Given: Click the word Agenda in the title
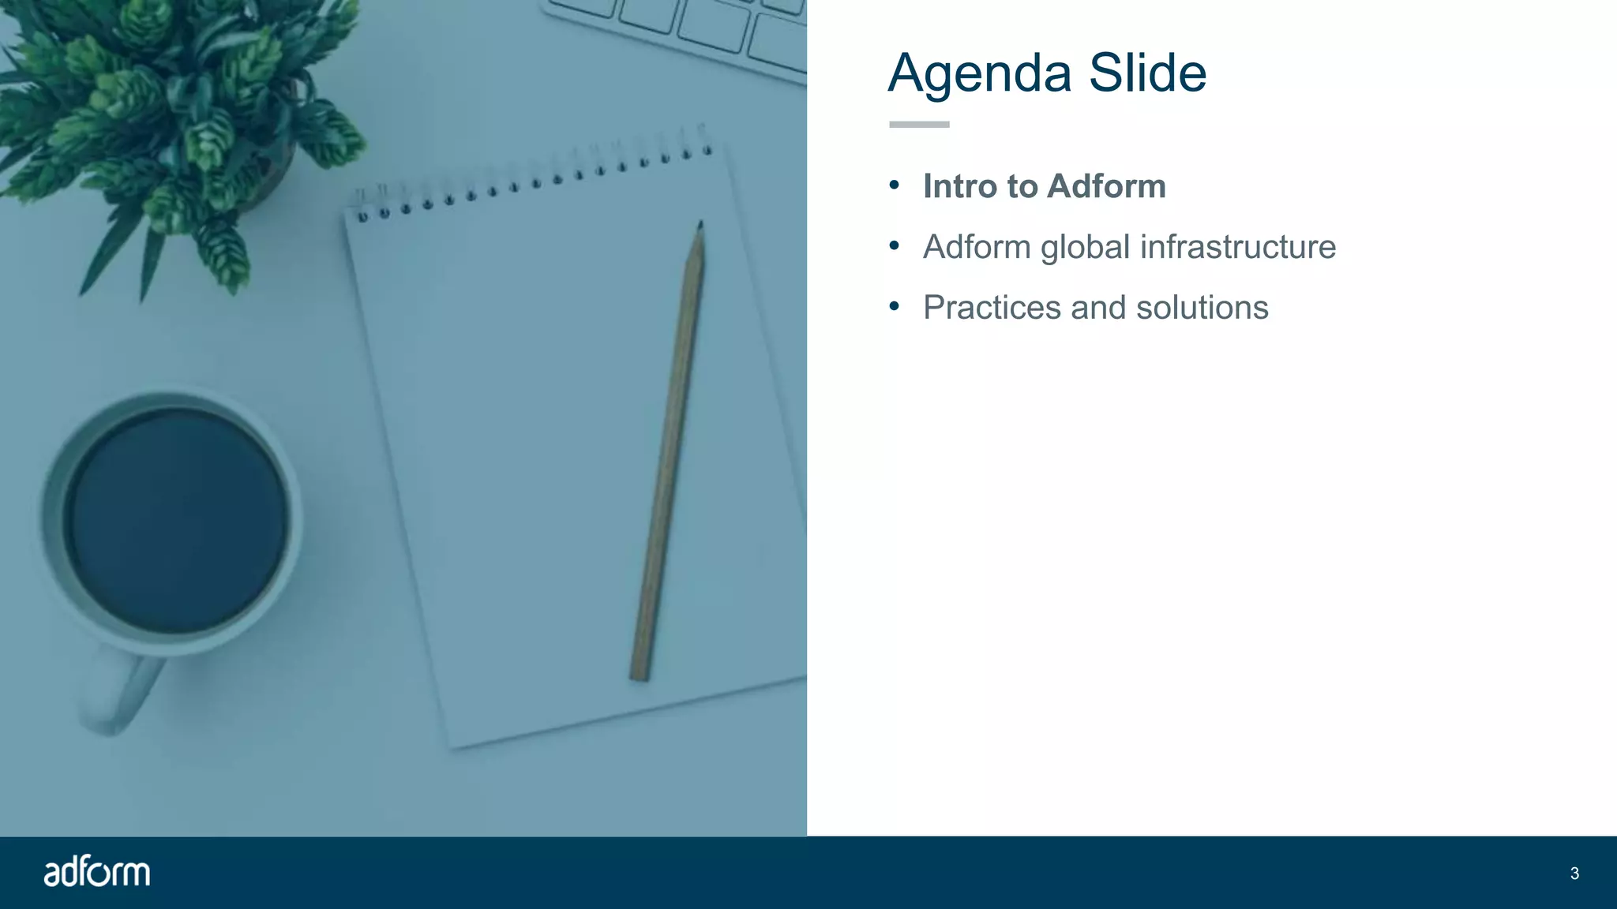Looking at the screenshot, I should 980,74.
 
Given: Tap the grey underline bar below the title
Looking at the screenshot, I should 919,125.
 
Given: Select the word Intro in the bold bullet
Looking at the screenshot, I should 959,186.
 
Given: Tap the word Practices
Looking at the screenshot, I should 992,308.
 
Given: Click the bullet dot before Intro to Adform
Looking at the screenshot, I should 894,185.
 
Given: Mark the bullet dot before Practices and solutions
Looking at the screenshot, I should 894,306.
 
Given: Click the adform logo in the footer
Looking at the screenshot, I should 96,872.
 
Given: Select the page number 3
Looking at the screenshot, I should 1574,873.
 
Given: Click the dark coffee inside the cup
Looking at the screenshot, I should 175,521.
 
